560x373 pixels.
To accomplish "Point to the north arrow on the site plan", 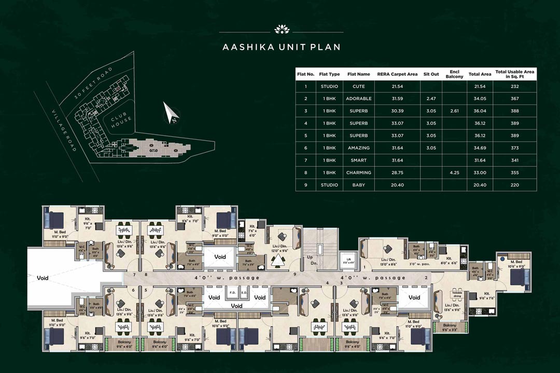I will point(172,113).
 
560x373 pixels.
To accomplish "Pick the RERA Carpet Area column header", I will point(397,74).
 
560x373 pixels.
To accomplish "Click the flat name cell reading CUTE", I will point(358,87).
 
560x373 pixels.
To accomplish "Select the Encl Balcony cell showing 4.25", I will point(454,173).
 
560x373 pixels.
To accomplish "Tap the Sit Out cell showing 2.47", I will point(431,98).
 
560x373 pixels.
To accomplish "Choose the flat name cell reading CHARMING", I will point(358,173).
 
